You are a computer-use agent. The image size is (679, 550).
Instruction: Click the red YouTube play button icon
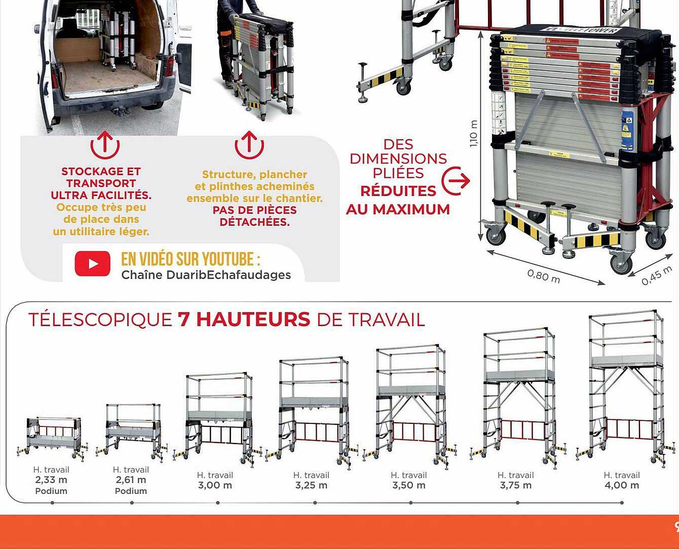92,264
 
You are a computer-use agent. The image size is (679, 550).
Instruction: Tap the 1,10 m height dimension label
474,134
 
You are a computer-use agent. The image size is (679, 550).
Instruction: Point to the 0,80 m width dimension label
543,277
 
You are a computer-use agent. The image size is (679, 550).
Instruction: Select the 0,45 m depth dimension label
656,276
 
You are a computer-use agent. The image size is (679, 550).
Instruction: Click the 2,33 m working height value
51,480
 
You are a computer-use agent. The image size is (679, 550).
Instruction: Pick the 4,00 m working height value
622,485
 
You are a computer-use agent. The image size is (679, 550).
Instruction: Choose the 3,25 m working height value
311,485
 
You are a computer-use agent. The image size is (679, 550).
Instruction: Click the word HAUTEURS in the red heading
244,320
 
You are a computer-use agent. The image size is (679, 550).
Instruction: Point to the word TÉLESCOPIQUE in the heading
100,320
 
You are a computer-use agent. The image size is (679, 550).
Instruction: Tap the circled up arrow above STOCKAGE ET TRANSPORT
105,145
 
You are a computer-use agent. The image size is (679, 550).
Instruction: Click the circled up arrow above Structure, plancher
249,145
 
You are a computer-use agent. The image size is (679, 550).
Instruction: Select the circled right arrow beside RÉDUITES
456,180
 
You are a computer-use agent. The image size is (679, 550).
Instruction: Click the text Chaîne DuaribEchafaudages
206,275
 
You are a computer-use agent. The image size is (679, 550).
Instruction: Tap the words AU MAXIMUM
398,209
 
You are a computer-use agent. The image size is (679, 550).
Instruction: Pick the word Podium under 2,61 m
131,491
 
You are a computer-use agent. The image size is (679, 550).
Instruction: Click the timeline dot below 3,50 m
410,503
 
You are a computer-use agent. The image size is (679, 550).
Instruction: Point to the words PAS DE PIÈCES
254,210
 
